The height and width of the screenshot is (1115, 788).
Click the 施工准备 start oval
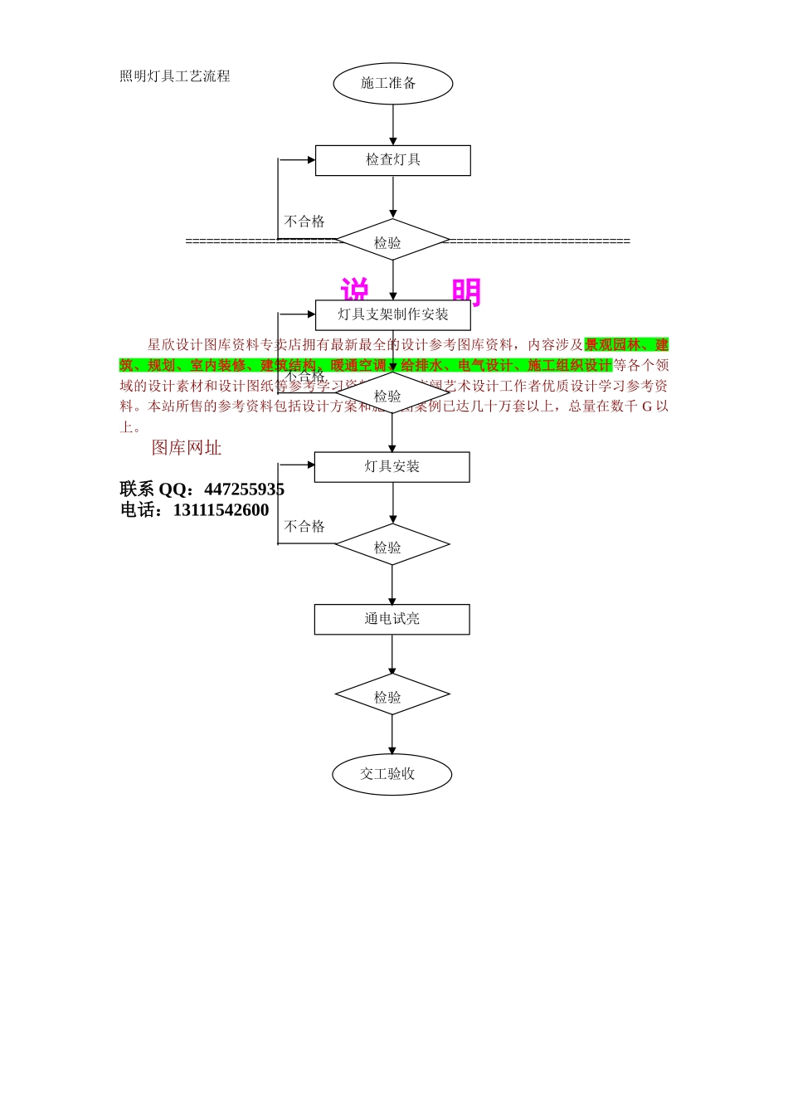click(x=392, y=84)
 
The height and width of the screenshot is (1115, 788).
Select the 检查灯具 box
click(x=392, y=160)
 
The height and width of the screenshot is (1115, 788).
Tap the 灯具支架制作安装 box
click(x=392, y=314)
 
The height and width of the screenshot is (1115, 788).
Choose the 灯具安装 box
click(x=392, y=466)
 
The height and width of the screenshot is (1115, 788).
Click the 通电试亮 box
click(x=392, y=619)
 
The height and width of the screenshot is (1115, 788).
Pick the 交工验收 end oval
click(x=392, y=774)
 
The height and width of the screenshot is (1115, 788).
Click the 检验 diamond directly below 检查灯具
click(x=392, y=241)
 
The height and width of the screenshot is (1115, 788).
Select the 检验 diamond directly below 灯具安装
click(x=392, y=545)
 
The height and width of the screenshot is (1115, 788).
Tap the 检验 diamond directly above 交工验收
click(x=392, y=695)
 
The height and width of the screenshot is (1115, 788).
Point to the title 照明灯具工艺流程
click(x=175, y=76)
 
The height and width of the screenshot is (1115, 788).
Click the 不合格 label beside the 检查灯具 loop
click(x=304, y=222)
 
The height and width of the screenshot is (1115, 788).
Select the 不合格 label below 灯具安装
click(x=304, y=527)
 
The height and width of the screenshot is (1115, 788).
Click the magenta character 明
click(x=466, y=291)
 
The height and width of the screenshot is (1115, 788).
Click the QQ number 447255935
click(x=244, y=489)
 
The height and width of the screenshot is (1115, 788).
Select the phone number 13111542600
click(x=221, y=510)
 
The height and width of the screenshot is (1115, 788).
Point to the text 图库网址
click(x=187, y=448)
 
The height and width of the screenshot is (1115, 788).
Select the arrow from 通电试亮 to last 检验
click(x=392, y=655)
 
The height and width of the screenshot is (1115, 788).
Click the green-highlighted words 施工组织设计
click(x=570, y=366)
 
